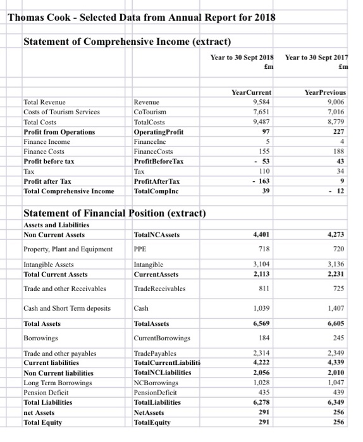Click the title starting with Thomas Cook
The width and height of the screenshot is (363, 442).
[x=142, y=17]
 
